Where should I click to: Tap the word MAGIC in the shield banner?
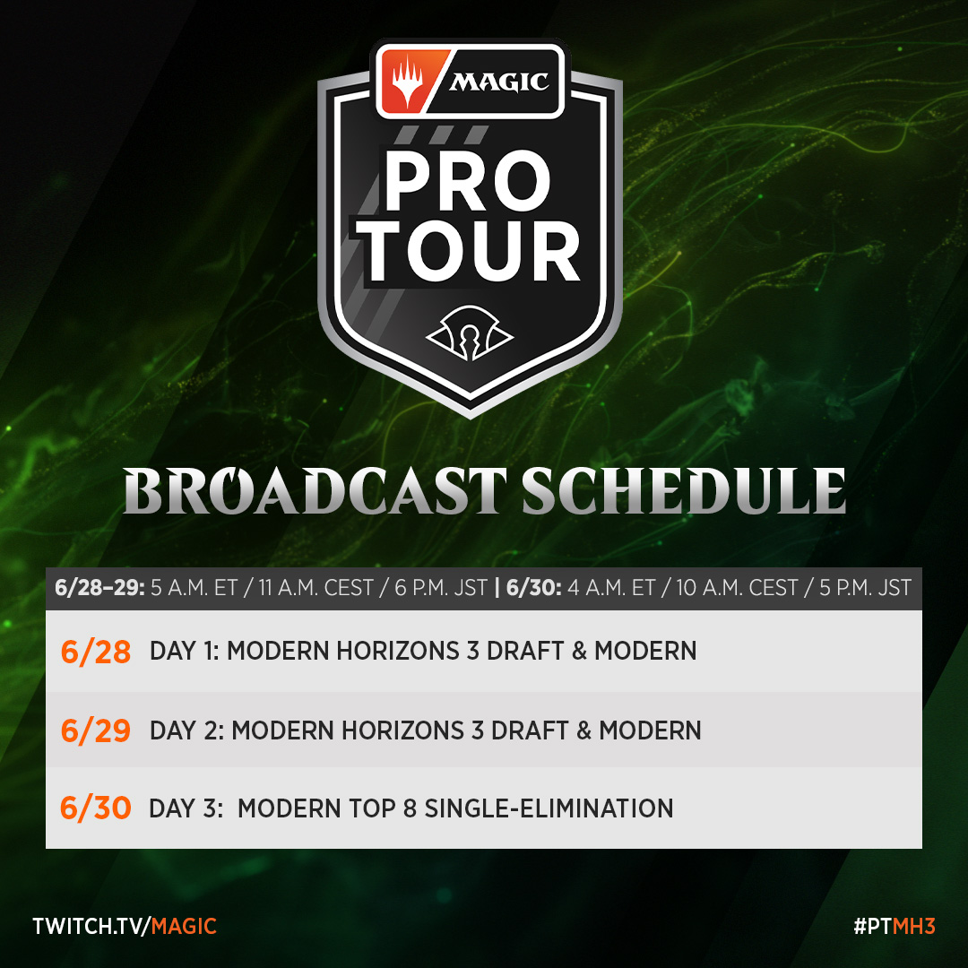498,82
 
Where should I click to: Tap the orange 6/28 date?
96,651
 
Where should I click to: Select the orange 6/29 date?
96,730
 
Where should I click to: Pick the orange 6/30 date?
96,808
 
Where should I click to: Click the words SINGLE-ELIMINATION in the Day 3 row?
549,808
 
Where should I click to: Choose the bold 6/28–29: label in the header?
97,589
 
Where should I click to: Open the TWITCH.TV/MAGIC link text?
125,926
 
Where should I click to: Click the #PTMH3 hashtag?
894,926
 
